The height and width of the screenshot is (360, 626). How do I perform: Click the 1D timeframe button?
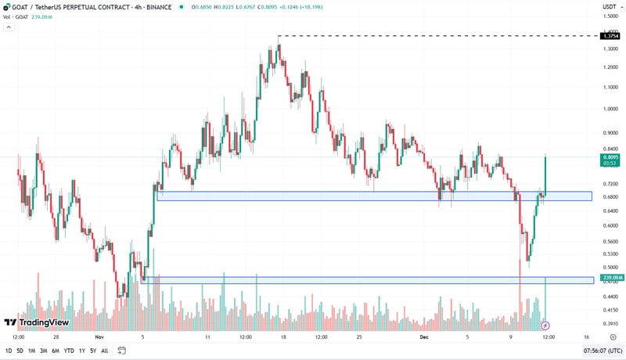pos(9,351)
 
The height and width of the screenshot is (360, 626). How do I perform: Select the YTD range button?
pos(68,351)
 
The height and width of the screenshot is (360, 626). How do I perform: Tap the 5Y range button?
pos(92,351)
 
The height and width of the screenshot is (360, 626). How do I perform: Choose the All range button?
pos(104,351)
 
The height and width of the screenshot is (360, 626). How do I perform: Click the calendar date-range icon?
pos(121,351)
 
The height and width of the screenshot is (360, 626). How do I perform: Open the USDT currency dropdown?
pos(610,7)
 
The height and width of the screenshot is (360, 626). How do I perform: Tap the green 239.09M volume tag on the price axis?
pos(611,278)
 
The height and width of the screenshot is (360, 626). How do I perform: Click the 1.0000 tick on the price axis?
pos(610,108)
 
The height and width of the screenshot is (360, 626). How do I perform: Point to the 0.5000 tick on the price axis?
pos(610,267)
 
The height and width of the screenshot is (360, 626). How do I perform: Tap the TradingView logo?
pos(37,322)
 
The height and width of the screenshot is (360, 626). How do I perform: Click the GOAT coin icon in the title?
pos(7,7)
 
